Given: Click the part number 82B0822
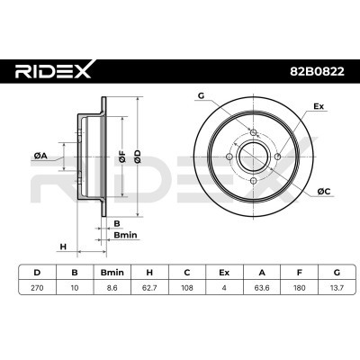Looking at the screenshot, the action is click(x=317, y=72).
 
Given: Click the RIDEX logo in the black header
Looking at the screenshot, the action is click(x=53, y=70).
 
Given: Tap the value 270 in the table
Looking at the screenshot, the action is click(x=37, y=288).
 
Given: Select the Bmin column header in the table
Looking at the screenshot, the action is click(x=112, y=273).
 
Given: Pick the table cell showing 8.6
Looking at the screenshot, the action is click(x=112, y=288).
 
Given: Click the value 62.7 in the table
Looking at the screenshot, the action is click(x=149, y=288).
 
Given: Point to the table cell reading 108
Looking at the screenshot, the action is click(x=187, y=288).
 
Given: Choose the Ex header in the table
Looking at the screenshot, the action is click(x=224, y=273).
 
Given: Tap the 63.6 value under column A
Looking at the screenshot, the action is click(x=262, y=288).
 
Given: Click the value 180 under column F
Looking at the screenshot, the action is click(x=300, y=288).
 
